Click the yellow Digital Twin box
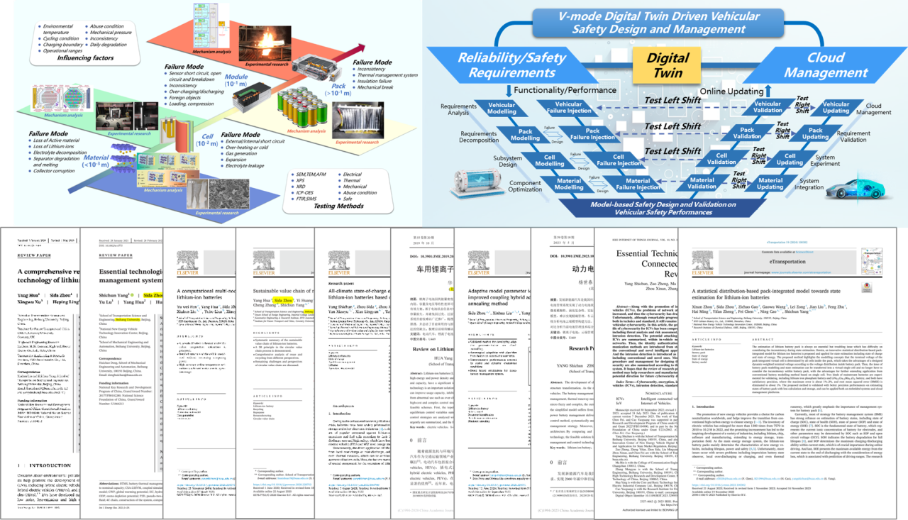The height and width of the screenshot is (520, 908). [668, 66]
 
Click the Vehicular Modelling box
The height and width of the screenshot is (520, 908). [502, 109]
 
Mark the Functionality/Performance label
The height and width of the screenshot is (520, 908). [554, 89]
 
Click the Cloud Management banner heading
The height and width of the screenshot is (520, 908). [826, 66]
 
